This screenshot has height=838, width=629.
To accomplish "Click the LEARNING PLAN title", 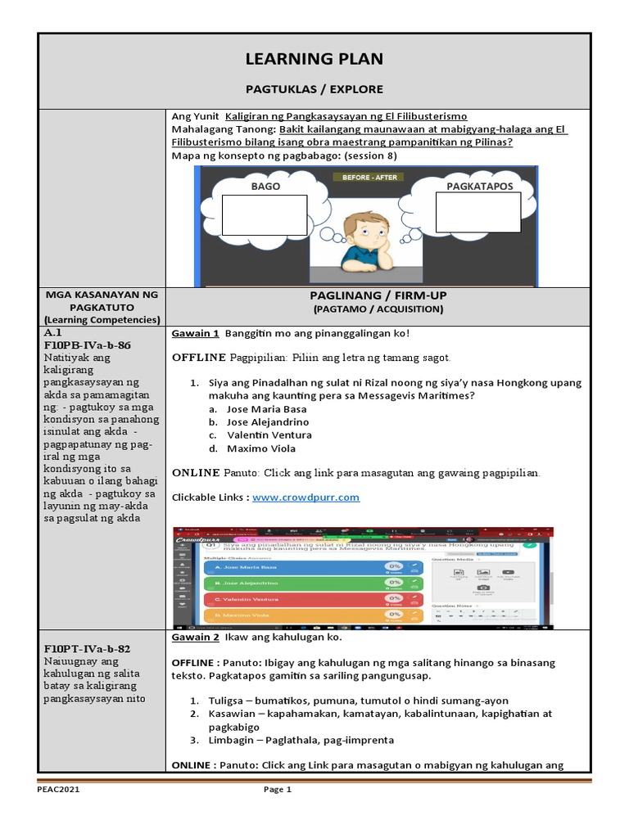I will coord(314,59).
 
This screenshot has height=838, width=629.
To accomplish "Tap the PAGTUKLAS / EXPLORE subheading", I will coord(314,88).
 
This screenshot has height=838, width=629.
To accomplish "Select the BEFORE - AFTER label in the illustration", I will coord(365,178).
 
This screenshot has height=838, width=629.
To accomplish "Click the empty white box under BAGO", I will coord(265,215).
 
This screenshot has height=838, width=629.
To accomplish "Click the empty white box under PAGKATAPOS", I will coord(478,213).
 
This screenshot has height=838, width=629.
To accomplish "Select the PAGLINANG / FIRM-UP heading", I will coord(378,295).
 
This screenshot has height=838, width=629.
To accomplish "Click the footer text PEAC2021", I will coord(58,790).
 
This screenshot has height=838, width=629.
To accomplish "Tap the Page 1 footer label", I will coord(277,790).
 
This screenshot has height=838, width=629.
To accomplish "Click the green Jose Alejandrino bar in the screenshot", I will coord(287,583).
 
